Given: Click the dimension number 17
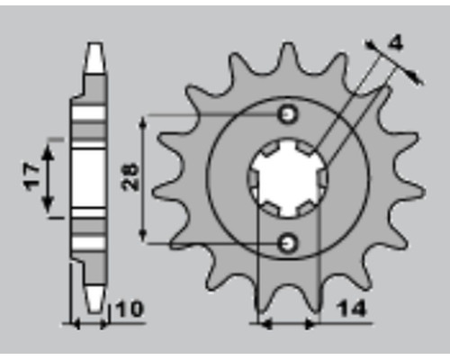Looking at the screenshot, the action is click(x=32, y=177).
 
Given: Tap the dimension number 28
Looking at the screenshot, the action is click(x=130, y=177).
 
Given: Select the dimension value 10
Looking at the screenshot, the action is click(x=129, y=309).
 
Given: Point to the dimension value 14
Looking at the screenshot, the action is click(x=352, y=308).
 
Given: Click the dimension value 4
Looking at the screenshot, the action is click(x=396, y=43).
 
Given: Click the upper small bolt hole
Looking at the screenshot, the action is click(x=288, y=114).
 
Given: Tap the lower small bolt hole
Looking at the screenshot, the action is click(x=288, y=243).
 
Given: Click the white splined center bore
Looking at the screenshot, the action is click(x=288, y=179).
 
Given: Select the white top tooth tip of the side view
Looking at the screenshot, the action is click(x=95, y=58).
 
